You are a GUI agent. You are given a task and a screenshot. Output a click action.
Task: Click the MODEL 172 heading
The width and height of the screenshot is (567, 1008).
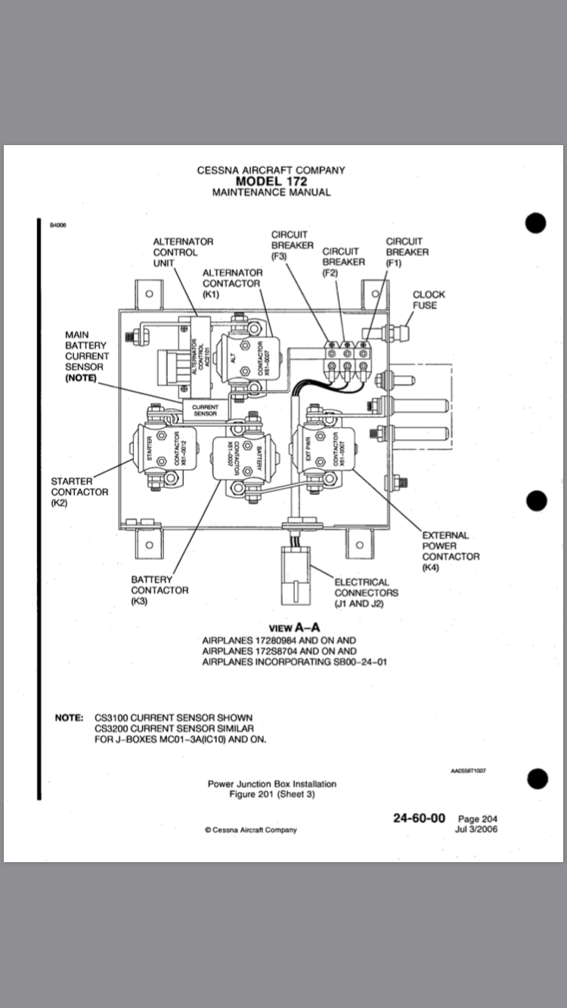[x=271, y=181]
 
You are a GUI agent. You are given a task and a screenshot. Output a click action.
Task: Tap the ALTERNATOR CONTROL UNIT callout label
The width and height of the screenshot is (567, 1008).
[x=183, y=252]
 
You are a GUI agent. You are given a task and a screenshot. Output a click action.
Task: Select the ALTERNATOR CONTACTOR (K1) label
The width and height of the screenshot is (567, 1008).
[x=232, y=283]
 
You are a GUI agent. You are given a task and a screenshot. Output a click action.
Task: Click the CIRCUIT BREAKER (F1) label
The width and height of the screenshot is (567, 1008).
[x=407, y=252]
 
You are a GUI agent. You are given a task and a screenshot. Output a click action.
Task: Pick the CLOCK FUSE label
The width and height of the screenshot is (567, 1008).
[x=429, y=300]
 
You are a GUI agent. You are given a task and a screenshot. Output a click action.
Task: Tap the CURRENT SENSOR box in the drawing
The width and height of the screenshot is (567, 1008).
[x=205, y=410]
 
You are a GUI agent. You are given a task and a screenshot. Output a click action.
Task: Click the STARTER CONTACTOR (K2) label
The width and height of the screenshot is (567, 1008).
[x=79, y=491]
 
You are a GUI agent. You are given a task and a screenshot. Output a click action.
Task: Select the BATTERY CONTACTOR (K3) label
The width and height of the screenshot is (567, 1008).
[x=160, y=590]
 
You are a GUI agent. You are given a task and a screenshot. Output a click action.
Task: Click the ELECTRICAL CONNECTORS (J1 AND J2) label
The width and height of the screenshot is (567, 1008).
[x=367, y=593]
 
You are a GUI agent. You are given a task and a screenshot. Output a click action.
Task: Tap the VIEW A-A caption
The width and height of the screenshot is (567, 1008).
[x=295, y=627]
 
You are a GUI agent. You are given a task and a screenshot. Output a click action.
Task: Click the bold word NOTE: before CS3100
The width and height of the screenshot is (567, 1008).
[x=70, y=717]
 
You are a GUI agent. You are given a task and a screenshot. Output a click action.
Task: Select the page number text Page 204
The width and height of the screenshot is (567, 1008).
[x=478, y=819]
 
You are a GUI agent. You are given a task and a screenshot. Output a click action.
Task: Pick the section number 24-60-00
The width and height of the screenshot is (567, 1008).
[x=419, y=818]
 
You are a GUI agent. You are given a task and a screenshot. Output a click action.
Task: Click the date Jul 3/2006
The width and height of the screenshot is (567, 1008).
[x=476, y=829]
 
